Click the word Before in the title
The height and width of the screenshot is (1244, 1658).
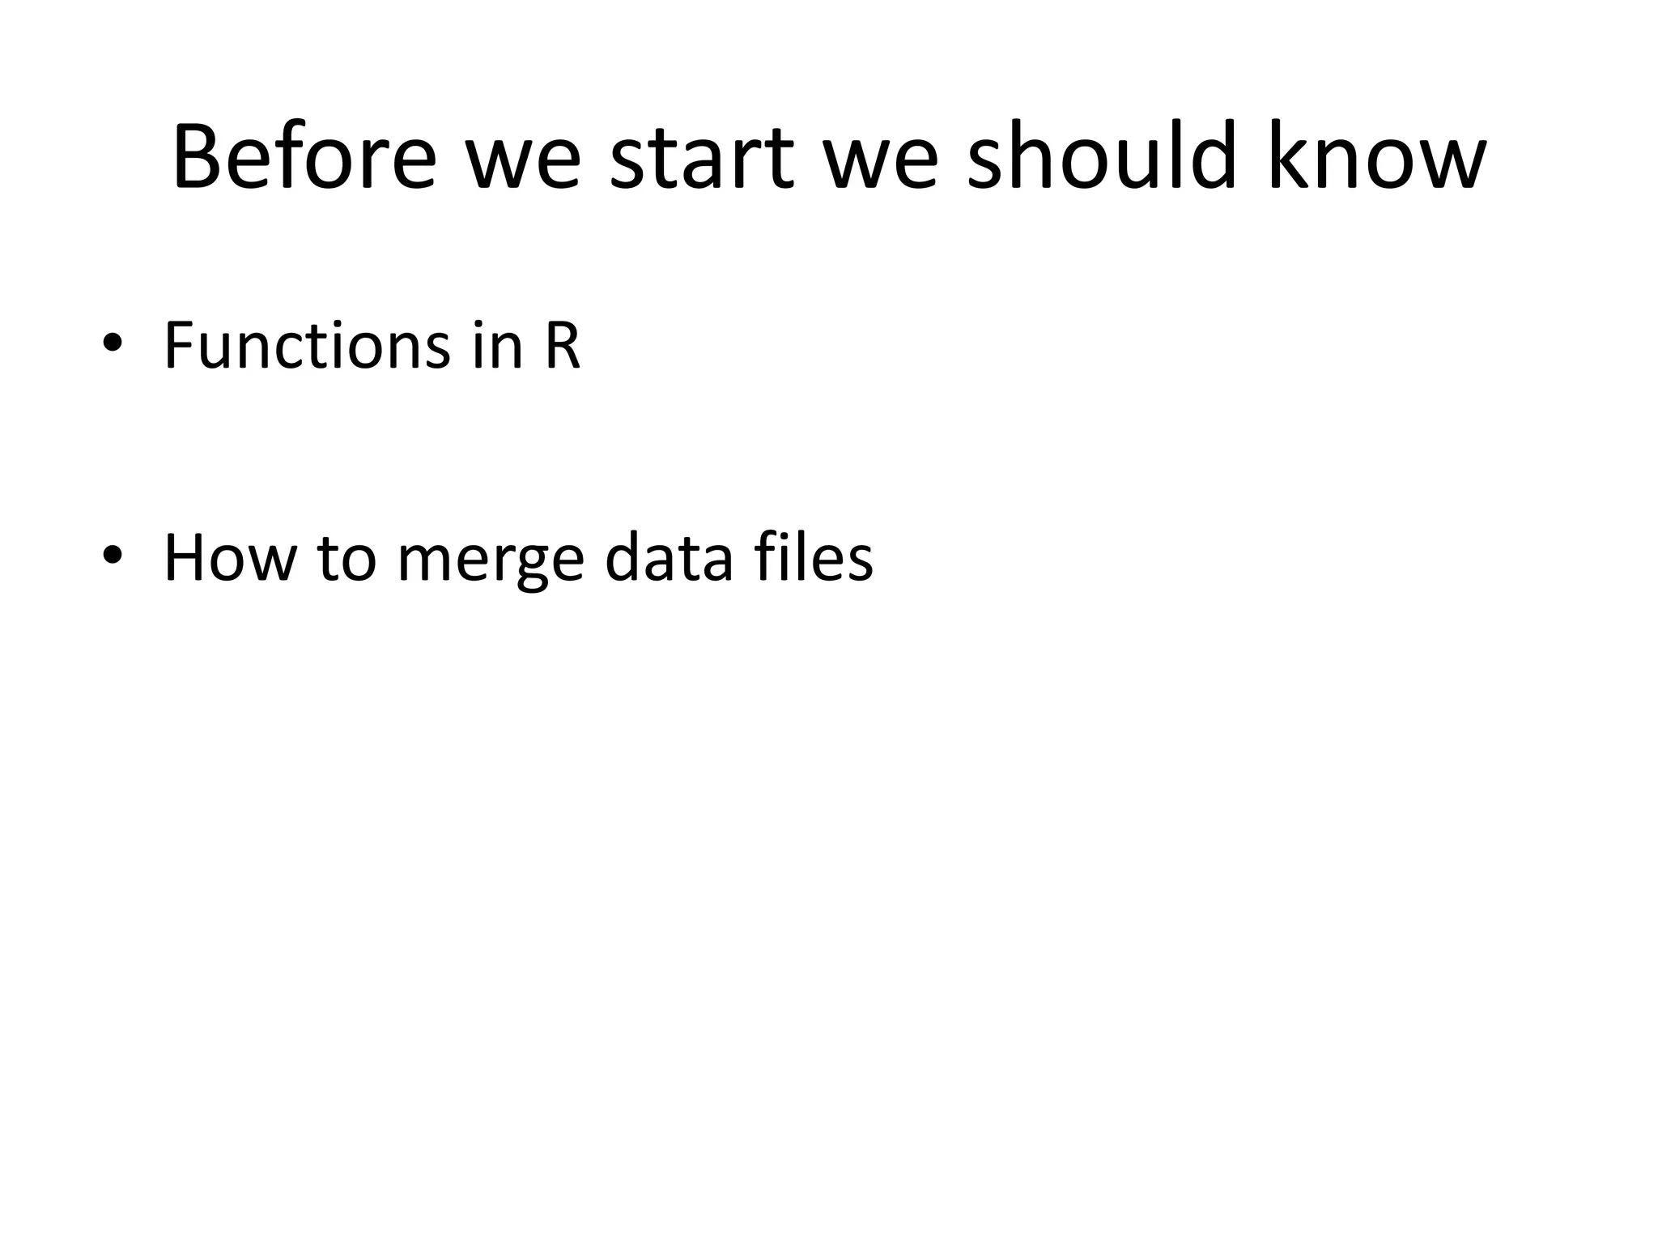[304, 157]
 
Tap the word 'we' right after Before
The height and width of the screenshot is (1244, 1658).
[522, 166]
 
